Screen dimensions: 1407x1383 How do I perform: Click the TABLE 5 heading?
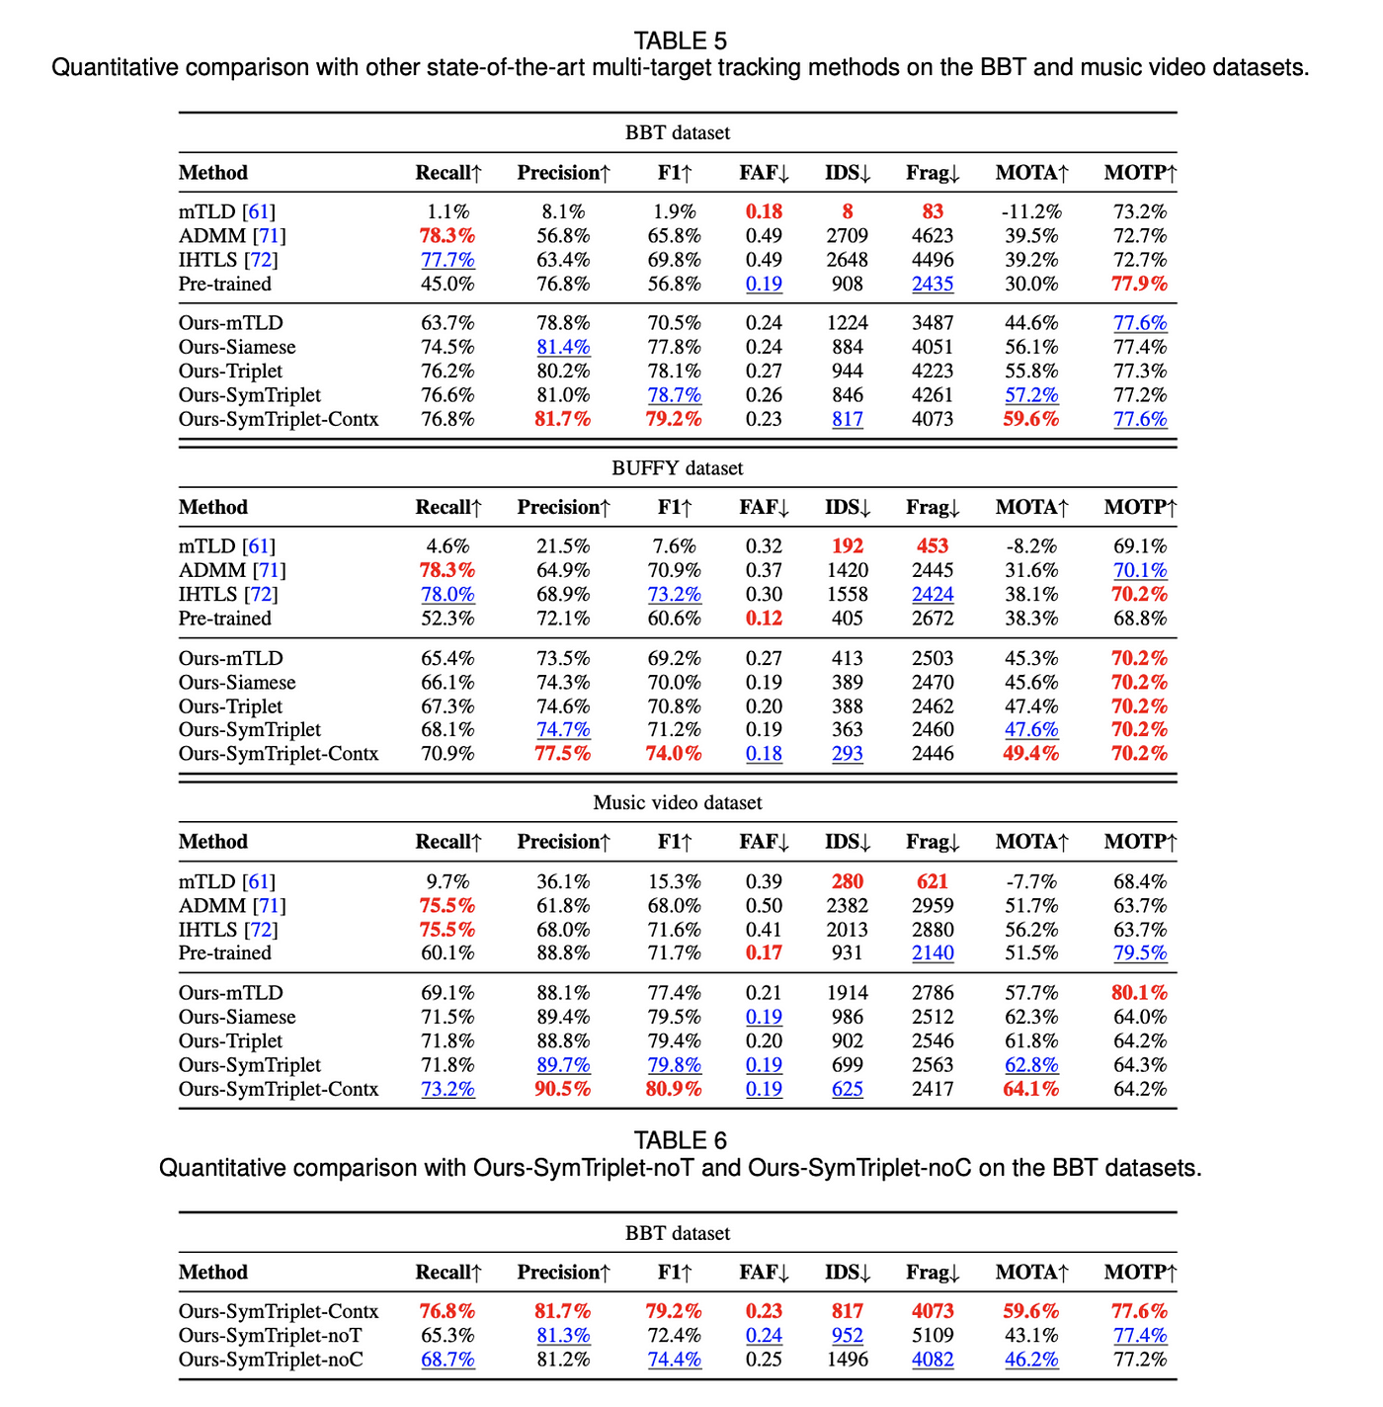click(x=680, y=41)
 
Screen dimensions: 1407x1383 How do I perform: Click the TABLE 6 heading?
click(x=680, y=1140)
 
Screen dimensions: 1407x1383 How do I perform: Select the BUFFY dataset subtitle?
click(x=678, y=468)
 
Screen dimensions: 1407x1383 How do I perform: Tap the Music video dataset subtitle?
click(x=678, y=803)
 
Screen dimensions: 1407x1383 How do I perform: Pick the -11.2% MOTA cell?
click(x=1031, y=211)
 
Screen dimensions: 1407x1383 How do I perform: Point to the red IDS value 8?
click(x=848, y=211)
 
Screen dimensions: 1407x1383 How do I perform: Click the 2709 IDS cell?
click(x=848, y=236)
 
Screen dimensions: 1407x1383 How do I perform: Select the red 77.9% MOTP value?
click(x=1140, y=285)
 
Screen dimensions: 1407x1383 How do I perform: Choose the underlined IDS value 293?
click(x=848, y=754)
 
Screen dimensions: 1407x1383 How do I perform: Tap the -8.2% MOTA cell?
click(x=1031, y=546)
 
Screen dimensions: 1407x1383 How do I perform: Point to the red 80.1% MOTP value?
click(x=1140, y=993)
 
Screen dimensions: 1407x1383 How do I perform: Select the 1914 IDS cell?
click(x=848, y=993)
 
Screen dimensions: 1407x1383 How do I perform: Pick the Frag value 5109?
click(x=933, y=1336)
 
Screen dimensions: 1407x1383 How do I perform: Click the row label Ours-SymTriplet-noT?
click(x=270, y=1336)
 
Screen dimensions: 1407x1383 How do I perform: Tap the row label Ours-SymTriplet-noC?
click(x=271, y=1360)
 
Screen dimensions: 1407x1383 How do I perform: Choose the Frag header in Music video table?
click(x=933, y=842)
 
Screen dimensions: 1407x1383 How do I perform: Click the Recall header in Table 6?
click(x=448, y=1273)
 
